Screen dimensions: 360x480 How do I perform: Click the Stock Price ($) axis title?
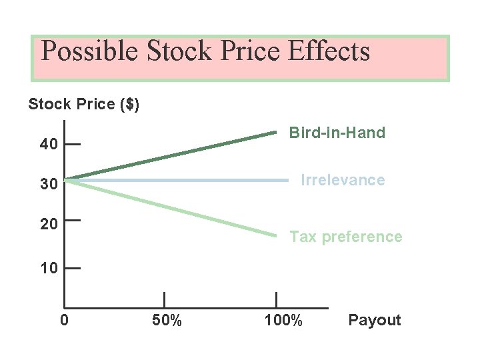83,105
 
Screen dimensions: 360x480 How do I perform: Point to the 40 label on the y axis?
48,144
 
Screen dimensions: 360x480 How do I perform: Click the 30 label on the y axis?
48,185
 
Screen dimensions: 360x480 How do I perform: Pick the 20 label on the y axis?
48,224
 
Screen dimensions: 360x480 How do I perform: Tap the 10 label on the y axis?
48,269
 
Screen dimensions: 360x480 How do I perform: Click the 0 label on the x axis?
64,321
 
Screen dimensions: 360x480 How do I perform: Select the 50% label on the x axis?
167,321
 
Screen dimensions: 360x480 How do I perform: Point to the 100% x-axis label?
283,321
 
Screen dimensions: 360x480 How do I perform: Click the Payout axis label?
375,320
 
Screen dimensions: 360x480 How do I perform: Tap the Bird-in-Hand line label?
337,133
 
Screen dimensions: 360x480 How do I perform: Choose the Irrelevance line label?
343,180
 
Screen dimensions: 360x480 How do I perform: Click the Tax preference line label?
345,237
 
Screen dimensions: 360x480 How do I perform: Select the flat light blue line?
180,180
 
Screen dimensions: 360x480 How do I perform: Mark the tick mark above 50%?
164,301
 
